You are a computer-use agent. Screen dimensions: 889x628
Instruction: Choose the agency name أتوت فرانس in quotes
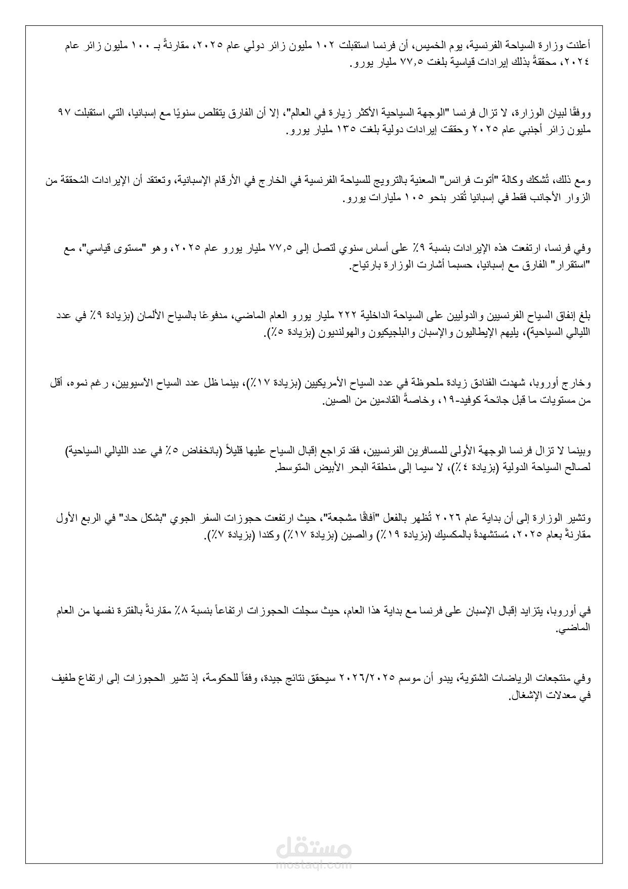pyautogui.click(x=471, y=180)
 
